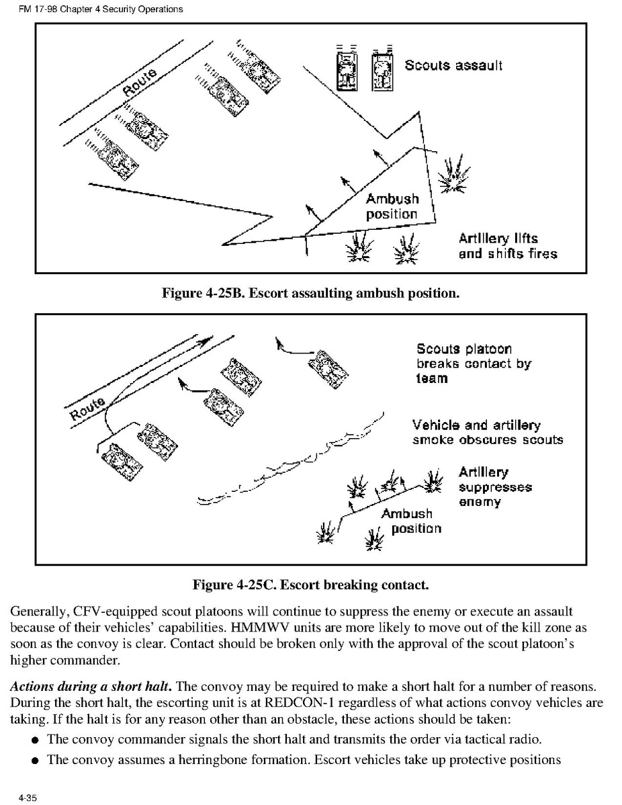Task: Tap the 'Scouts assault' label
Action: click(453, 66)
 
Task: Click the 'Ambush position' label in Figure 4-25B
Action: click(392, 206)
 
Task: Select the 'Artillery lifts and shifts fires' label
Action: click(507, 246)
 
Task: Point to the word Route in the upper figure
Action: click(140, 83)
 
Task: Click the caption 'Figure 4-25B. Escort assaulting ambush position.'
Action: click(310, 293)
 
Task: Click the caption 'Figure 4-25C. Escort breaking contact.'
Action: click(310, 585)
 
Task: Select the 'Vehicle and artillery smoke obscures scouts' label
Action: click(487, 433)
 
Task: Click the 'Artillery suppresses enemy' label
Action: click(494, 487)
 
